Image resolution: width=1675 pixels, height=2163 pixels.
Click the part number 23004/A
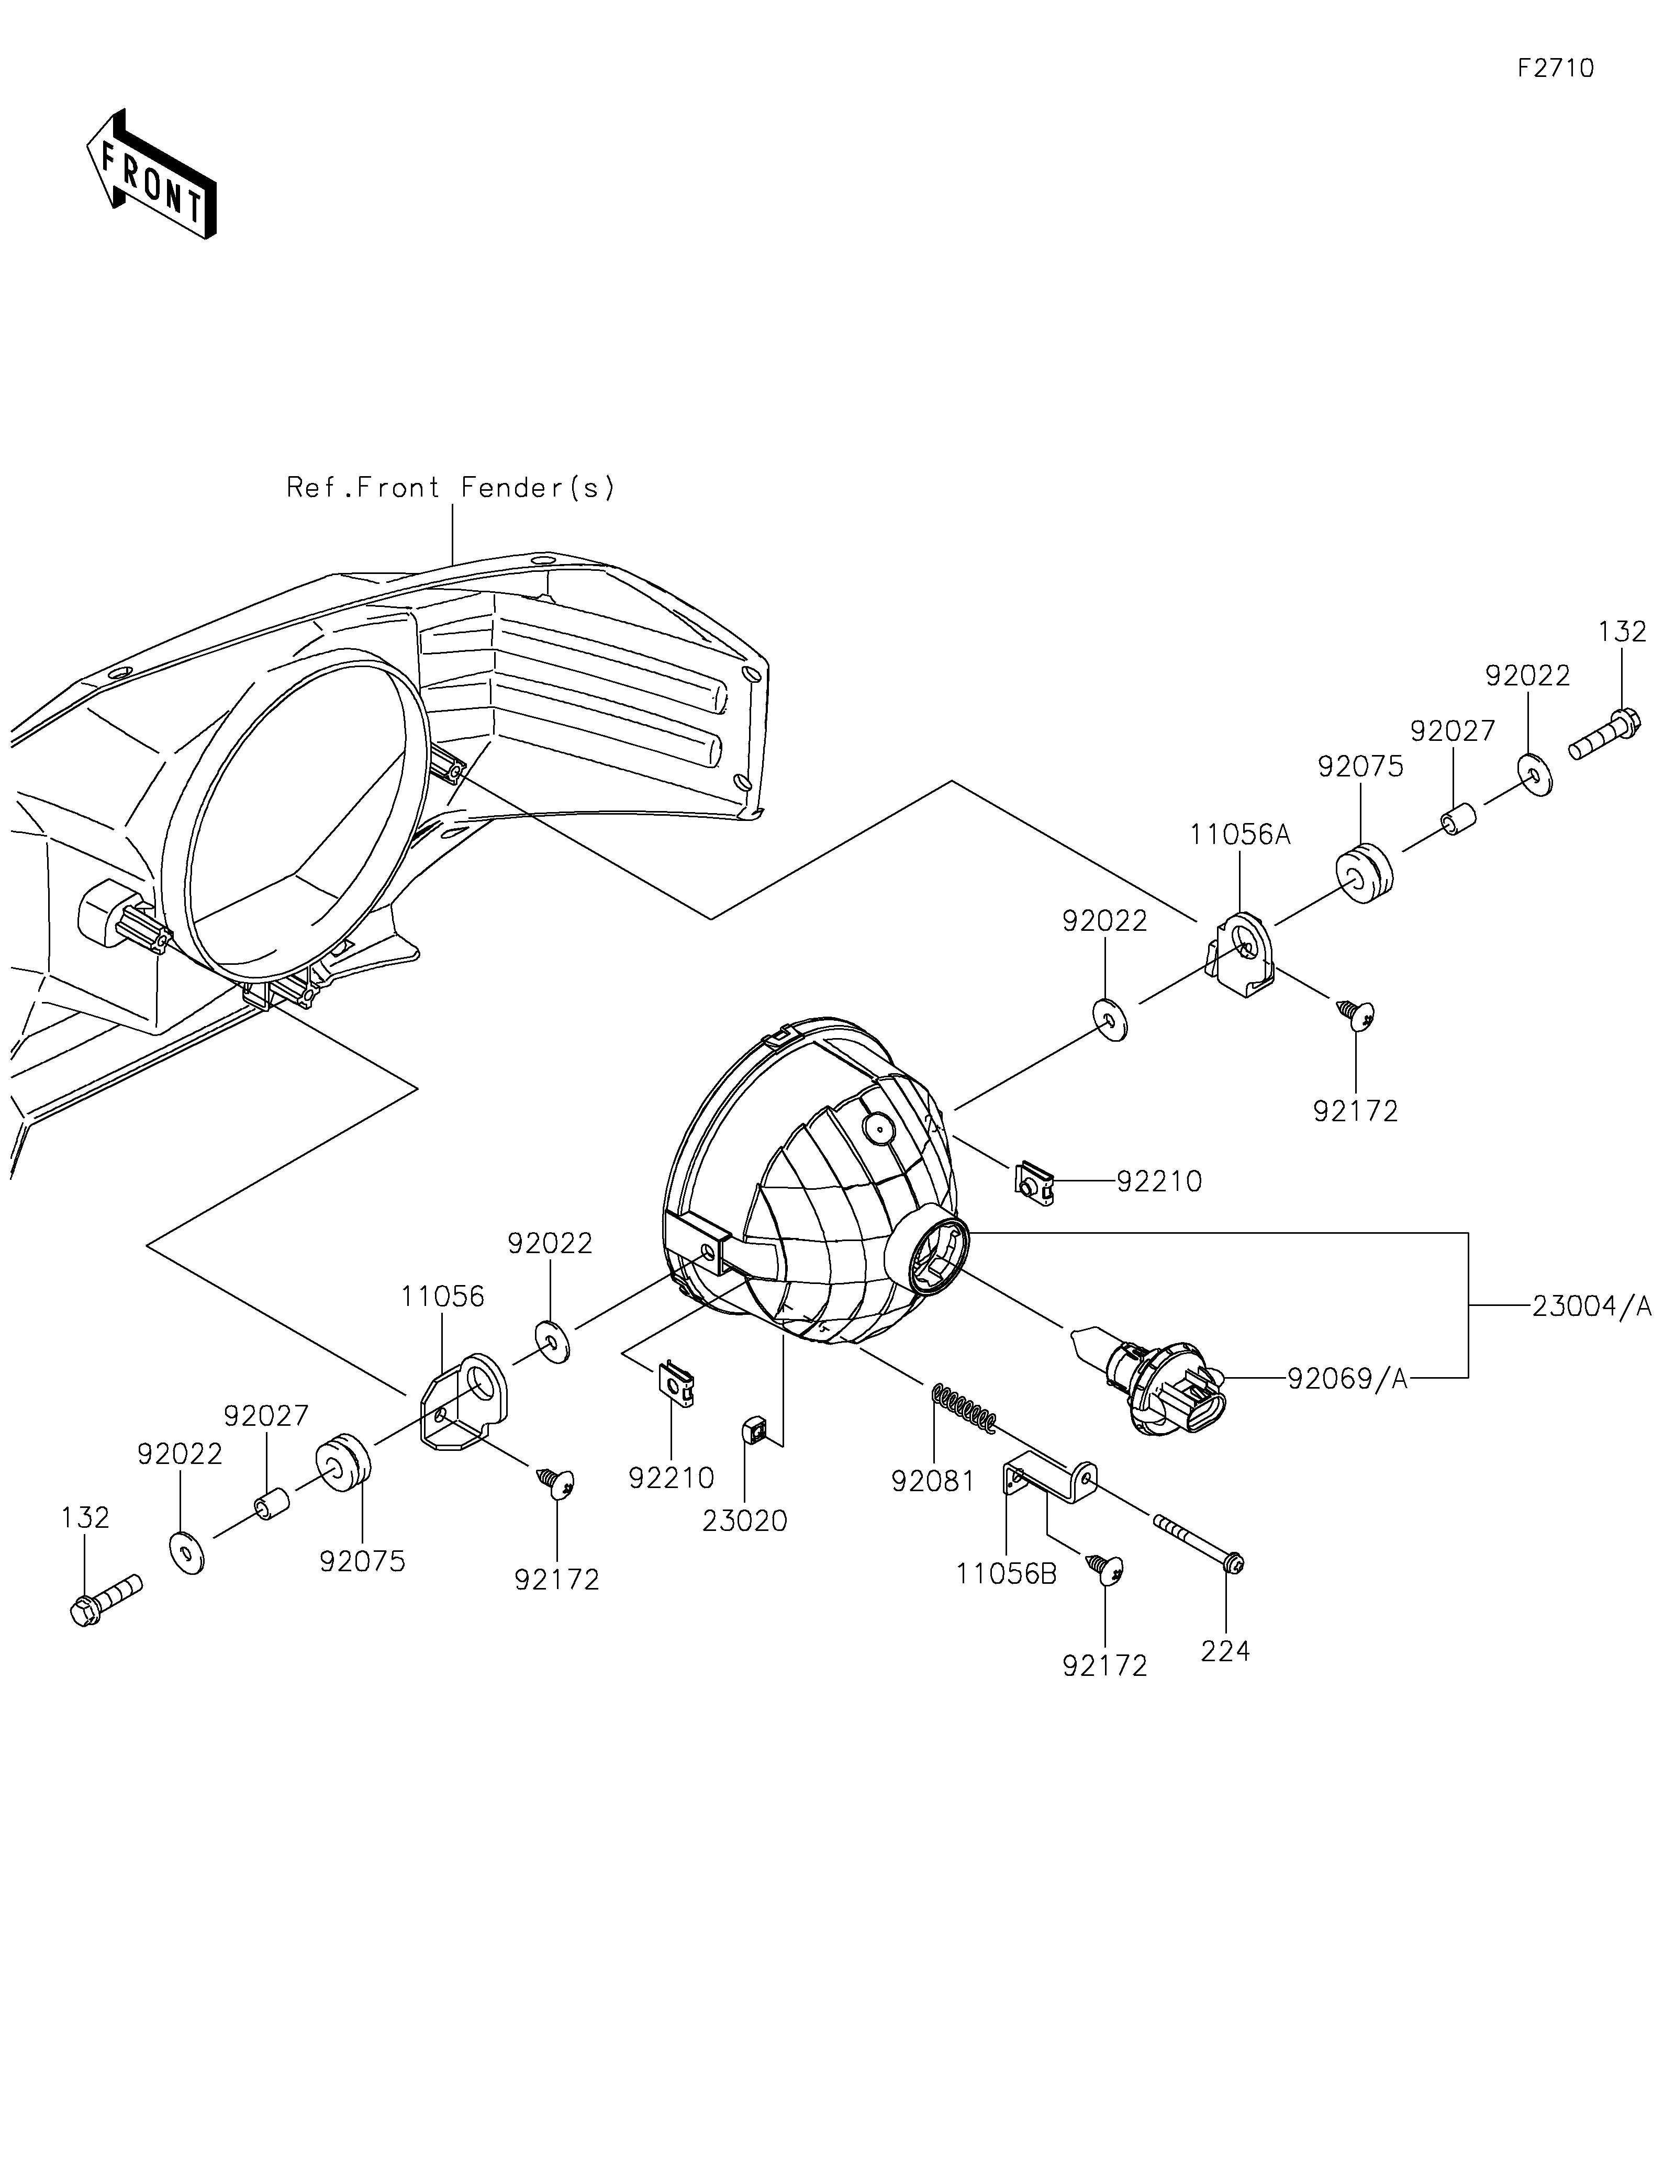click(x=1592, y=1308)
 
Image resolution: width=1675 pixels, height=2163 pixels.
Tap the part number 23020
click(x=745, y=1521)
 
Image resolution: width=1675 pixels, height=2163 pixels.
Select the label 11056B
click(x=1007, y=1574)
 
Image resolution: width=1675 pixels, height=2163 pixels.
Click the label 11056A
click(x=1240, y=835)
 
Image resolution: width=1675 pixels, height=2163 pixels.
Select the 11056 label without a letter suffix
click(x=443, y=1297)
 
